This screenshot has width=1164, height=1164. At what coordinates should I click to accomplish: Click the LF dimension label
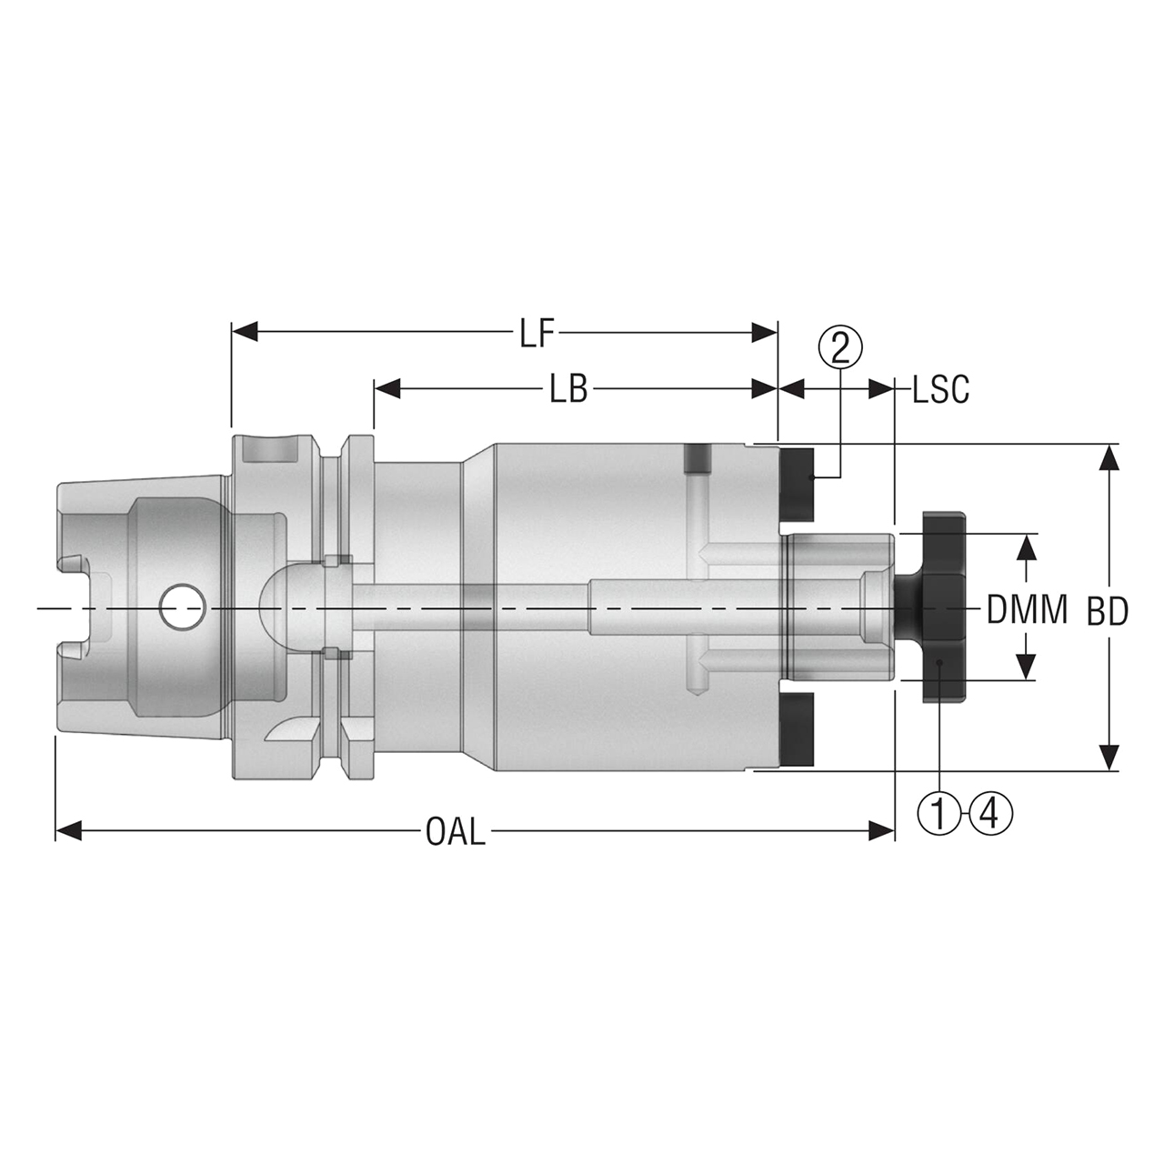point(537,334)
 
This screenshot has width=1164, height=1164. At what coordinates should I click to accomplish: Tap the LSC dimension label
point(940,390)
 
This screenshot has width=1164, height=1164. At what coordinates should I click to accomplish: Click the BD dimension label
point(1107,612)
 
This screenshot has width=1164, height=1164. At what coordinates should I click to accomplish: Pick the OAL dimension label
point(455,832)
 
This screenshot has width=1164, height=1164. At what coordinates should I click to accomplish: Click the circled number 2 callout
point(839,346)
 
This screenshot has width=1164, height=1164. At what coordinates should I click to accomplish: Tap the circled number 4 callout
point(990,812)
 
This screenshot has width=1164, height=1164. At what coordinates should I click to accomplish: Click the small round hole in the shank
point(182,607)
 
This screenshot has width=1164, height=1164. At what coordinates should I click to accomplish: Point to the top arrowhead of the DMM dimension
point(1026,547)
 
